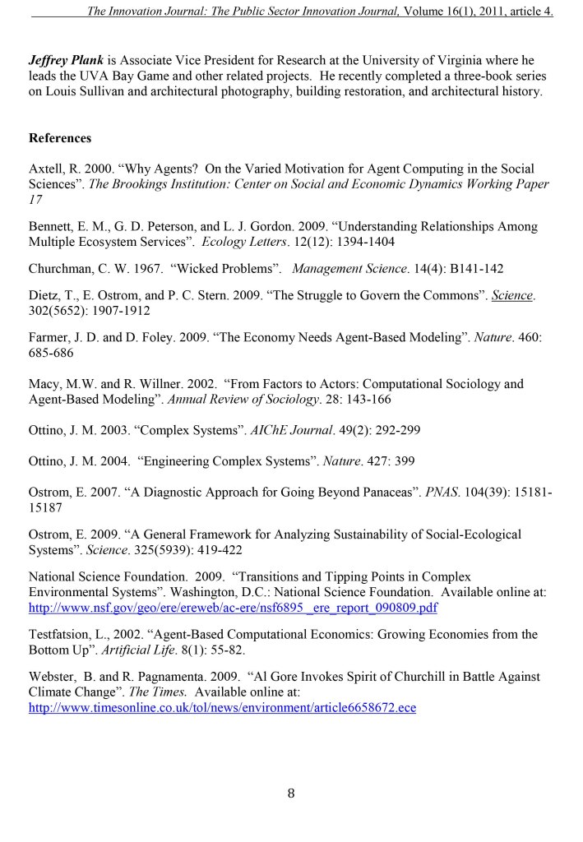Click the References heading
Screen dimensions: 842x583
[x=60, y=137]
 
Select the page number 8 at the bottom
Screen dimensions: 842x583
[x=291, y=793]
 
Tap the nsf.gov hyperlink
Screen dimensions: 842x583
[x=233, y=608]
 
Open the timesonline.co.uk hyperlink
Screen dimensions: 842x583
[x=222, y=707]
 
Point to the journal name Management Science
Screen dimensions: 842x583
[x=343, y=269]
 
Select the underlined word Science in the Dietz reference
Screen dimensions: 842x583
[x=511, y=296]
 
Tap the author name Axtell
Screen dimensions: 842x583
[x=47, y=169]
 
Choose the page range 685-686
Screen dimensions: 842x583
[x=51, y=352]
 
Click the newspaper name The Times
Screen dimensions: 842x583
[x=141, y=692]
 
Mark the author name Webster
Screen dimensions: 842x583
[x=53, y=677]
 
